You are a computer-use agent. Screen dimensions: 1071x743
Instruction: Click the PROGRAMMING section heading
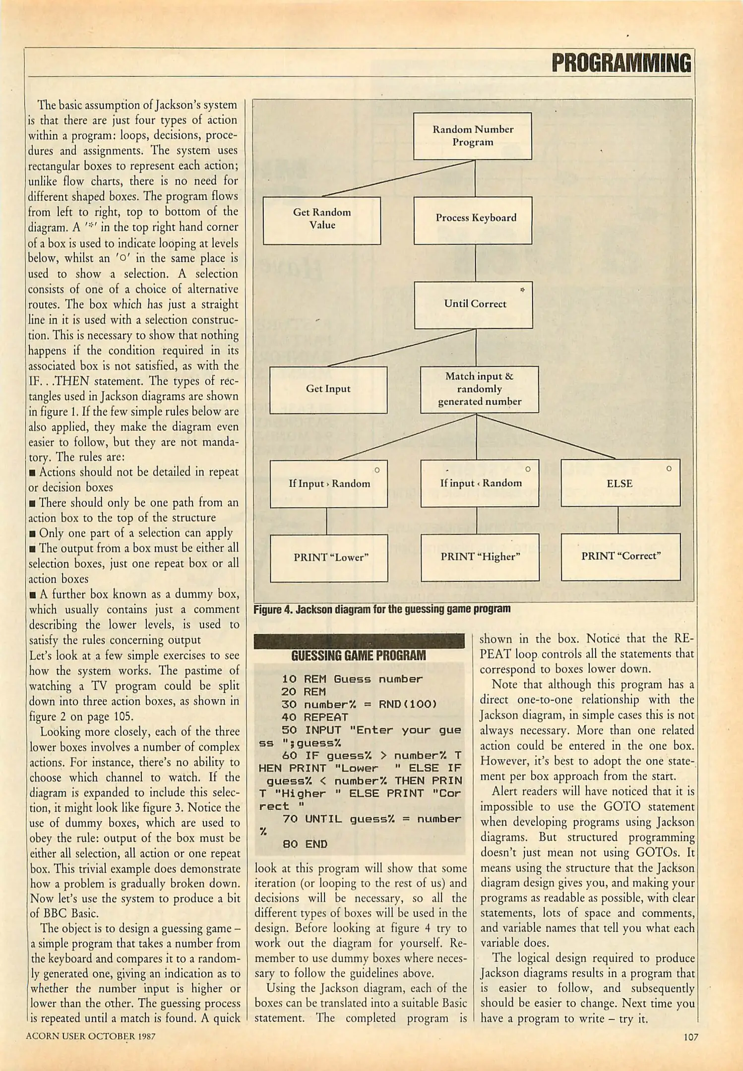(x=621, y=63)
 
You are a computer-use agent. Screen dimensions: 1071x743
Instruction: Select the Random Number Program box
(x=472, y=136)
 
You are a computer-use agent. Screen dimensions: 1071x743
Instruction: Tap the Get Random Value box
(x=322, y=220)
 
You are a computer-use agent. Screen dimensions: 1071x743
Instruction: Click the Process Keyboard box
(x=473, y=220)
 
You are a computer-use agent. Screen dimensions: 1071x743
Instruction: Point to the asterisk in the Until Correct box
(x=522, y=290)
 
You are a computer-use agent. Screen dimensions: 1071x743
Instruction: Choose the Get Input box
(x=328, y=390)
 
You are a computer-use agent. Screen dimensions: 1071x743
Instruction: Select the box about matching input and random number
(x=479, y=389)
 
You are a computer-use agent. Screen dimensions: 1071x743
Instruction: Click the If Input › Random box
(x=329, y=483)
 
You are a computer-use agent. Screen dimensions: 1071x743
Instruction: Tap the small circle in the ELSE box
(x=669, y=469)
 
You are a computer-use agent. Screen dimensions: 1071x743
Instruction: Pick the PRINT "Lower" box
(x=329, y=557)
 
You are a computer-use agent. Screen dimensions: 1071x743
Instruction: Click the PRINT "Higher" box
(x=480, y=557)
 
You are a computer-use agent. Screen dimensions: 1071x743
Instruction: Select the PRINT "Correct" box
(x=620, y=556)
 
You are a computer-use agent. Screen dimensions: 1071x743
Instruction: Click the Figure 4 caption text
(x=382, y=609)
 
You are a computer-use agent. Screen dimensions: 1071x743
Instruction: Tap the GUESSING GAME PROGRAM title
(x=359, y=655)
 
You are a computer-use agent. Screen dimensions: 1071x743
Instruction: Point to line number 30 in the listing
(x=289, y=705)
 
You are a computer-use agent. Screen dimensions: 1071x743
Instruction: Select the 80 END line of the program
(x=305, y=844)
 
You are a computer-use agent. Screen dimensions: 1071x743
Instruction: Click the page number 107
(x=690, y=1037)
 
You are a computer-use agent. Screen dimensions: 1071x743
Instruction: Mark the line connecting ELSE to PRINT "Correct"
(x=618, y=520)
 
